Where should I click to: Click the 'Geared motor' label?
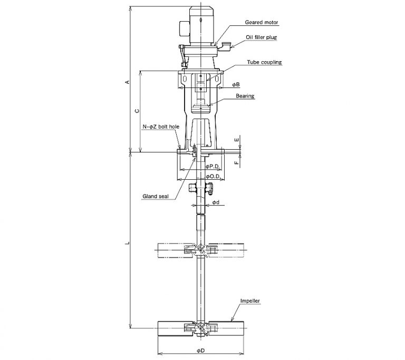click(262, 23)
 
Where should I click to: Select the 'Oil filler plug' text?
click(261, 37)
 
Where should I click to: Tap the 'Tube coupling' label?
click(264, 62)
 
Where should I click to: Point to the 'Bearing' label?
click(245, 96)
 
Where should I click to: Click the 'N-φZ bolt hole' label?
click(161, 127)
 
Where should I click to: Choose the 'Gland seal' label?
click(156, 196)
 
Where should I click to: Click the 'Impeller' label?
click(250, 301)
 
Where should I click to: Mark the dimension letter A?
click(127, 82)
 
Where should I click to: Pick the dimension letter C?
click(138, 111)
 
